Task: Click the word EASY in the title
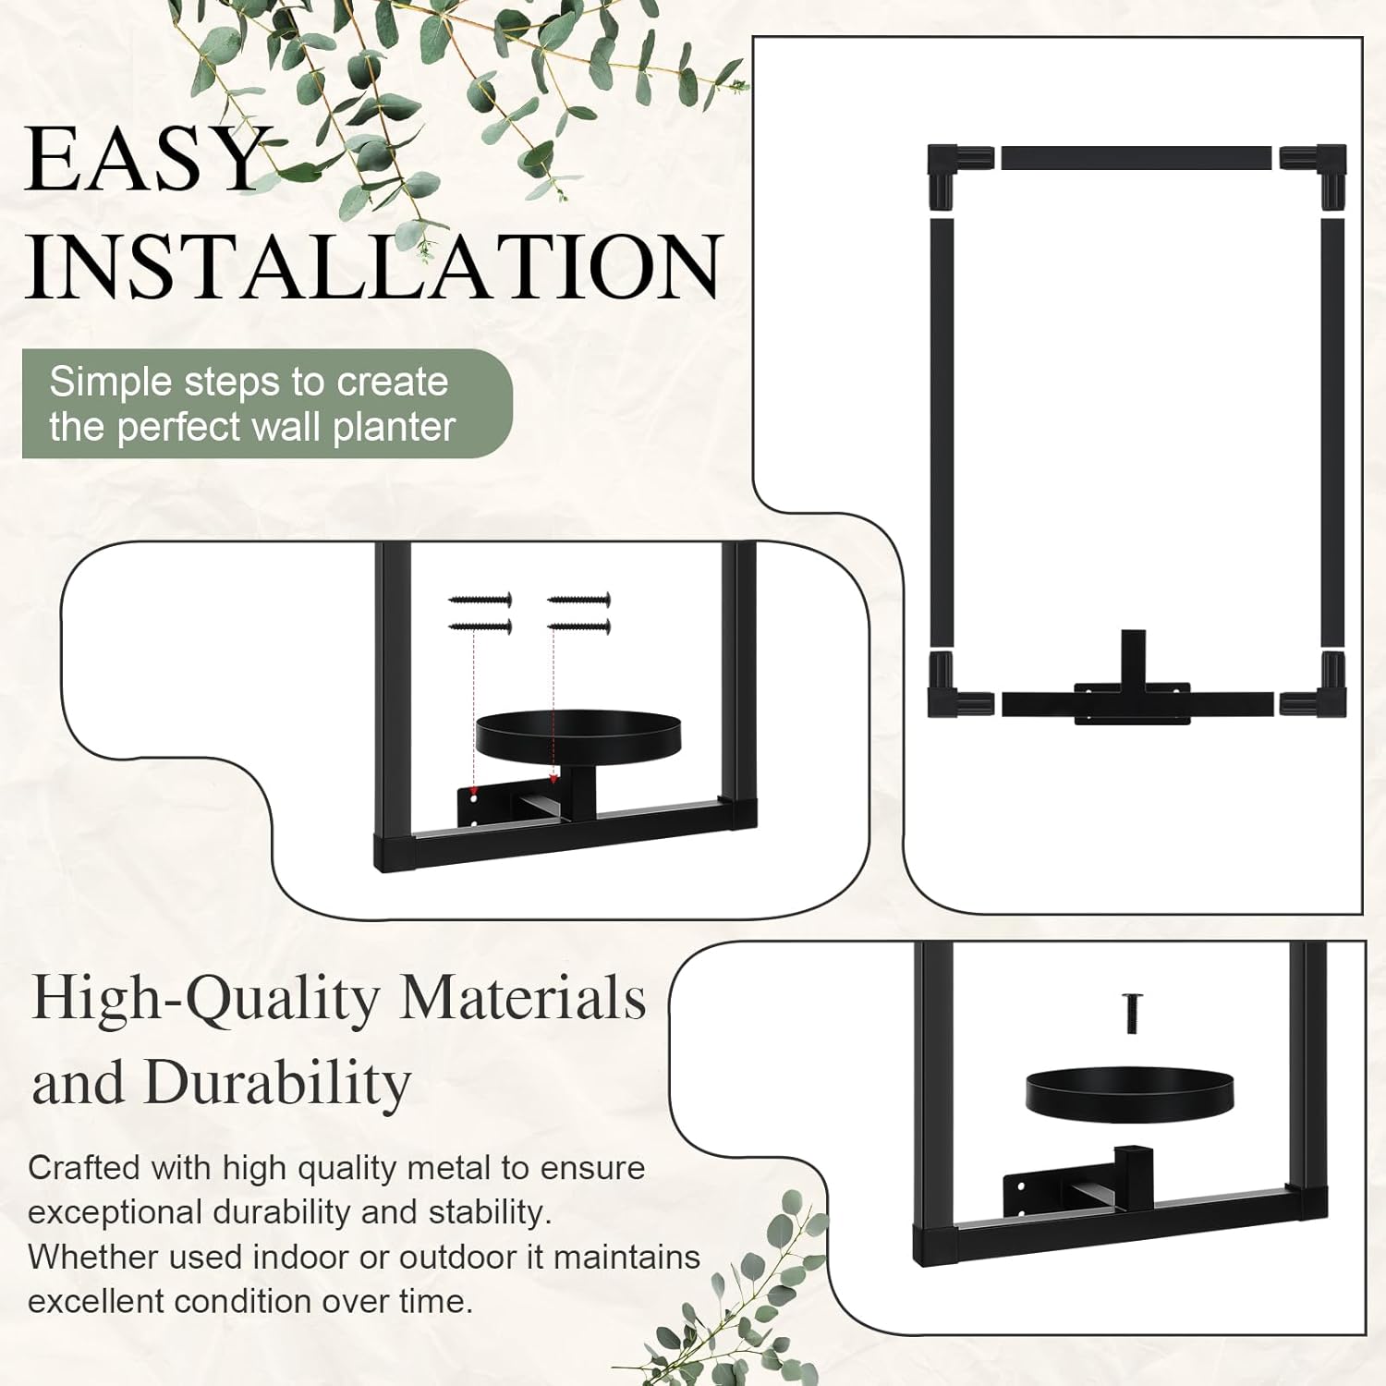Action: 145,159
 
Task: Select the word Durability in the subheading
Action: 277,1083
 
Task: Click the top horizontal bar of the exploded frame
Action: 1137,157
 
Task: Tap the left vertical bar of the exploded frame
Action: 942,432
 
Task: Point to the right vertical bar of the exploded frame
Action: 1332,432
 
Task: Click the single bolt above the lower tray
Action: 1132,1014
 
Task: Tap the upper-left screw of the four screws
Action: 480,601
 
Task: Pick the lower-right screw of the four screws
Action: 578,627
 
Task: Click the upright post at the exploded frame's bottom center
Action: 1133,659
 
